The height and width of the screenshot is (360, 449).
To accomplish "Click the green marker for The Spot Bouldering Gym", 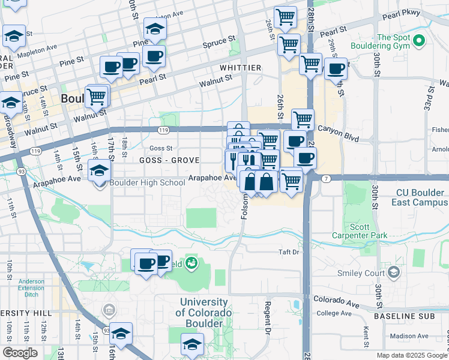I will pos(418,41).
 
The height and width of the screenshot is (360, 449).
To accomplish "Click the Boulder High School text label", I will pos(148,182).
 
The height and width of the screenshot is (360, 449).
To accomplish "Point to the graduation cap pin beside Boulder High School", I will pos(100,172).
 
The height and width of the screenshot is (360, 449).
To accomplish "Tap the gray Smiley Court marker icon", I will pos(393,273).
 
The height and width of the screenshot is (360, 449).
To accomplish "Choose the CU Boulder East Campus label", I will pos(420,197).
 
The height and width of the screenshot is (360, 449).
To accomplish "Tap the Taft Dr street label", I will pos(288,253).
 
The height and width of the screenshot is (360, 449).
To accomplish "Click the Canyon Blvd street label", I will pos(337,128).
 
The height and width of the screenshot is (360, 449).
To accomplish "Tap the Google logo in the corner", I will pos(20,352).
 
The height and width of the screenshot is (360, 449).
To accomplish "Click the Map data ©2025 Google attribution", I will pos(412,355).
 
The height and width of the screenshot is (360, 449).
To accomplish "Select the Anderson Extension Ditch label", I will pos(31,287).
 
